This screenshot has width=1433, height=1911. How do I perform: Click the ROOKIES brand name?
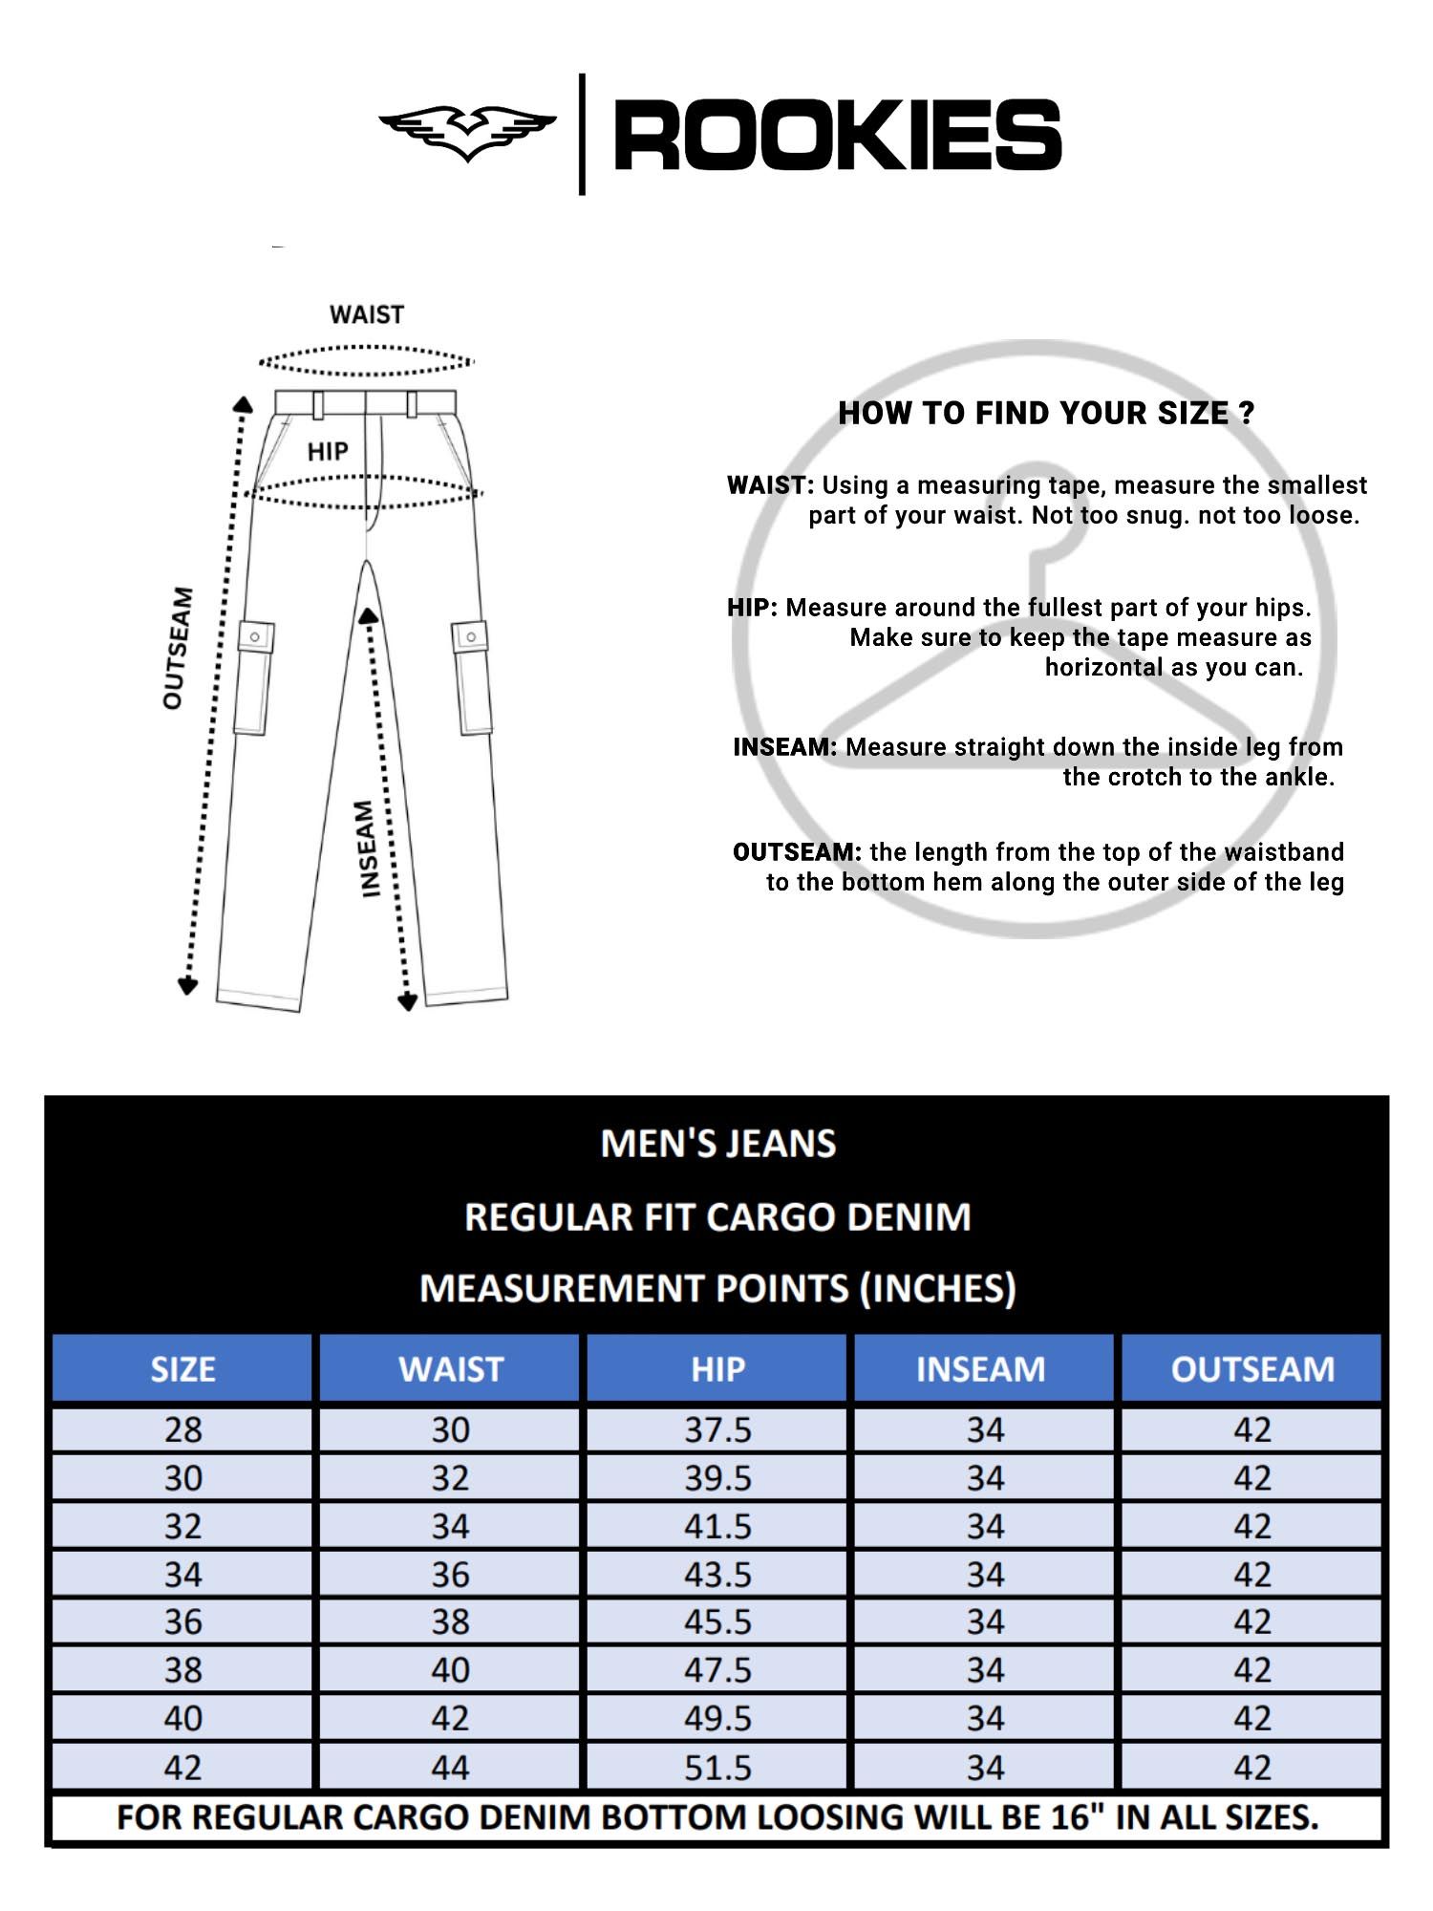[x=837, y=136]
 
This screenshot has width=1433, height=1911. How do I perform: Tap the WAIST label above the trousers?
[x=367, y=314]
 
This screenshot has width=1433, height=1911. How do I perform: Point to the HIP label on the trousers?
[x=328, y=452]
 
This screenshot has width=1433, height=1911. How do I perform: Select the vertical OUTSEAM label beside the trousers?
[x=179, y=648]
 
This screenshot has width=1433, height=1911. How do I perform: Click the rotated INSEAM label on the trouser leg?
[x=368, y=848]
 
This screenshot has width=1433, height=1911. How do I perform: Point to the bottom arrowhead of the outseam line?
[x=188, y=985]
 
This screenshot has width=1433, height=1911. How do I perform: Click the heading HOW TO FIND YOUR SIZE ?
[x=1046, y=413]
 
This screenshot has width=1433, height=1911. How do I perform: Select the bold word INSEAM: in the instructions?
[x=784, y=747]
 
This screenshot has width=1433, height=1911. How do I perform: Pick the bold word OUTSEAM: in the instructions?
[x=797, y=852]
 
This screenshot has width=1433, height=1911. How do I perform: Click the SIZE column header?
[x=182, y=1369]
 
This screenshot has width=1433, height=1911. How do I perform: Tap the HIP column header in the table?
[x=717, y=1369]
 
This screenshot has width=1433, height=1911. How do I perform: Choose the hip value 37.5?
[x=717, y=1430]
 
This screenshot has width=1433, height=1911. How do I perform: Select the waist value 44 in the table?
[x=450, y=1768]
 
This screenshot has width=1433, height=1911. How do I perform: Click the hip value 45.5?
[x=717, y=1622]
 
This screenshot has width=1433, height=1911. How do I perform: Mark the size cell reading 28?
[x=182, y=1430]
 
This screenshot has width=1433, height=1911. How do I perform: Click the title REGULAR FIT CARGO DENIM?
[x=717, y=1217]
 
